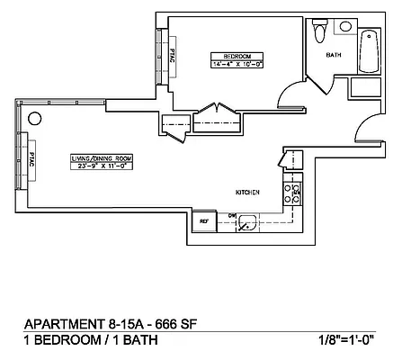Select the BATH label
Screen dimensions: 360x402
coord(334,55)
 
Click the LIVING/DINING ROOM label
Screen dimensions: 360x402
coord(99,158)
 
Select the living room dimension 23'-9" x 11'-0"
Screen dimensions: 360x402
coord(99,166)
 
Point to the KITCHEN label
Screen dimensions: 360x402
coord(248,193)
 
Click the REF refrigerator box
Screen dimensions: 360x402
coord(205,220)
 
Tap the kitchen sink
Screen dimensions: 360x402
coord(250,221)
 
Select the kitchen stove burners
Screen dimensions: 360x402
coord(297,192)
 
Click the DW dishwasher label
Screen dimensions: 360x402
coord(231,214)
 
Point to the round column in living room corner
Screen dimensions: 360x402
coord(34,118)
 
